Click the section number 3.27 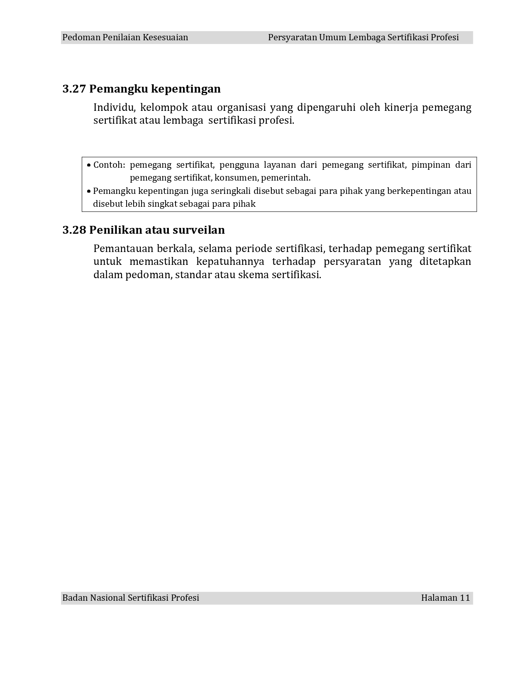[x=74, y=89]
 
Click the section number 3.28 [x=74, y=230]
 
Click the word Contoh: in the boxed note [x=109, y=165]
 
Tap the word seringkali [x=231, y=191]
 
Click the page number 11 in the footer [x=465, y=598]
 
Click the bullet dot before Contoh [x=89, y=165]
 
